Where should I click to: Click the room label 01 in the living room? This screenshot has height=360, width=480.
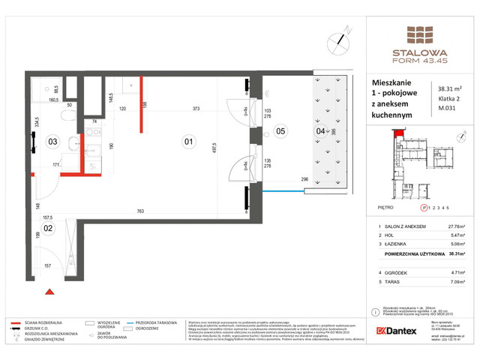pos(189,140)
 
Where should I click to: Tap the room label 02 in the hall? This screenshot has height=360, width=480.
pos(47,227)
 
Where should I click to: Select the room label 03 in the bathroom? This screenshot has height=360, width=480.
pos(52,140)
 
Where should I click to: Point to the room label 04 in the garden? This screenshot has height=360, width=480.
pos(321,132)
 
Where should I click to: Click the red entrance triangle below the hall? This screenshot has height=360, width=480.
pos(49,291)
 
